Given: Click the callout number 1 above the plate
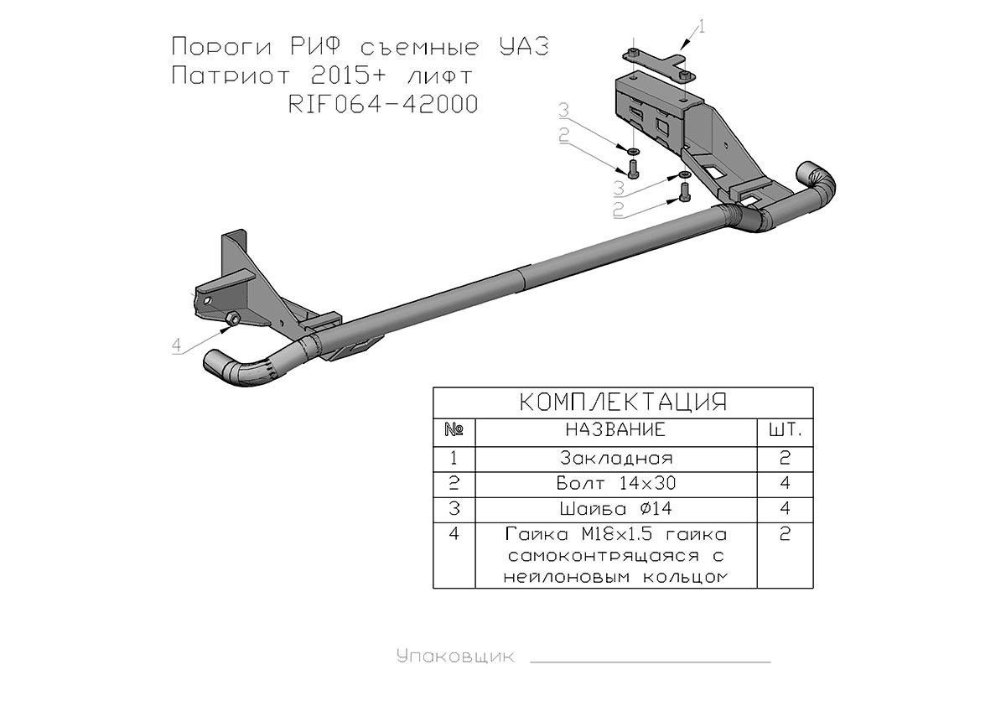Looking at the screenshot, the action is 702,27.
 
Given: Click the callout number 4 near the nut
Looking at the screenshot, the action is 177,345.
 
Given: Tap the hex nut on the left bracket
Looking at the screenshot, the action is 233,319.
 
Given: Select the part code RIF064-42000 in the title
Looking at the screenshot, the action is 382,104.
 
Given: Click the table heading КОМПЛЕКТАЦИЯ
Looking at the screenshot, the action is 623,402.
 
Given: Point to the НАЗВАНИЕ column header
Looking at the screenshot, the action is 615,430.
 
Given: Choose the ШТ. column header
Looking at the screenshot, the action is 785,430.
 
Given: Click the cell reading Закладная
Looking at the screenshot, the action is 616,458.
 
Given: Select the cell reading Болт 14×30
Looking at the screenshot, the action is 616,483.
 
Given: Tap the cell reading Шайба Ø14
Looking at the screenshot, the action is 615,509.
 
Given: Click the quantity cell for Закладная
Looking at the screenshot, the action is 785,458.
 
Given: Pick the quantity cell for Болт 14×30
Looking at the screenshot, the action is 785,483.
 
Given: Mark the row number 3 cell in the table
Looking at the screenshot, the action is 454,509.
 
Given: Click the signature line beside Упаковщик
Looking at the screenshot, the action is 651,662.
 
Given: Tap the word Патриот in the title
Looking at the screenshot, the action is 231,75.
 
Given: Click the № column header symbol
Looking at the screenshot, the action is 454,430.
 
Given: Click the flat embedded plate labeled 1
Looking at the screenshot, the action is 658,65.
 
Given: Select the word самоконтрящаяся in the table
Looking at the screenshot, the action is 604,557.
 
